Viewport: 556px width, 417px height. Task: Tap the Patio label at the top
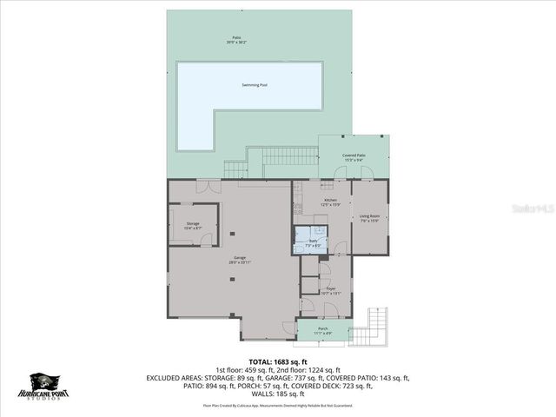(x=235, y=40)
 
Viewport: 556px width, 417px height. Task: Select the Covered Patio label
(x=354, y=157)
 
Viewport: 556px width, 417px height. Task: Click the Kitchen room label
(x=331, y=202)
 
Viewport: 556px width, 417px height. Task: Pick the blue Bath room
(x=310, y=239)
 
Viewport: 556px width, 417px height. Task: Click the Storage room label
(x=193, y=225)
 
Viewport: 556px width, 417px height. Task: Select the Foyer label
(x=331, y=291)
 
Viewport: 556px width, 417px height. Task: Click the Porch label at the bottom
(x=322, y=330)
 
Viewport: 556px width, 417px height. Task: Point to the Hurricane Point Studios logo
(x=46, y=386)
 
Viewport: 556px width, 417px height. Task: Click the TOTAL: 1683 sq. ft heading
(x=277, y=361)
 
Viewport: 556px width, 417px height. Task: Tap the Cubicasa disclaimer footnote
(x=277, y=405)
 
